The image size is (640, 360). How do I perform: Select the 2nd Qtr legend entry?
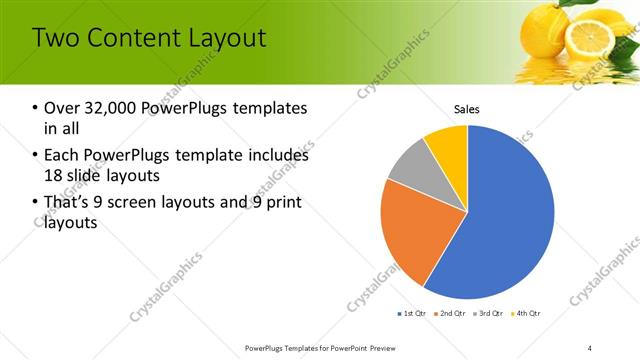pos(450,314)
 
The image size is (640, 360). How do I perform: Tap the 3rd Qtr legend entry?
pos(489,314)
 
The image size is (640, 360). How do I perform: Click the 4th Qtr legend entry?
pos(527,314)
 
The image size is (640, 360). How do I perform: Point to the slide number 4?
pos(590,347)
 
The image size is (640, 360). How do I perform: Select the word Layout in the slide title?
pos(227,38)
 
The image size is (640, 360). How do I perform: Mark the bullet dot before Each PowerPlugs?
pos(36,156)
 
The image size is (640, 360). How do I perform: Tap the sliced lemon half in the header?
pos(590,35)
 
